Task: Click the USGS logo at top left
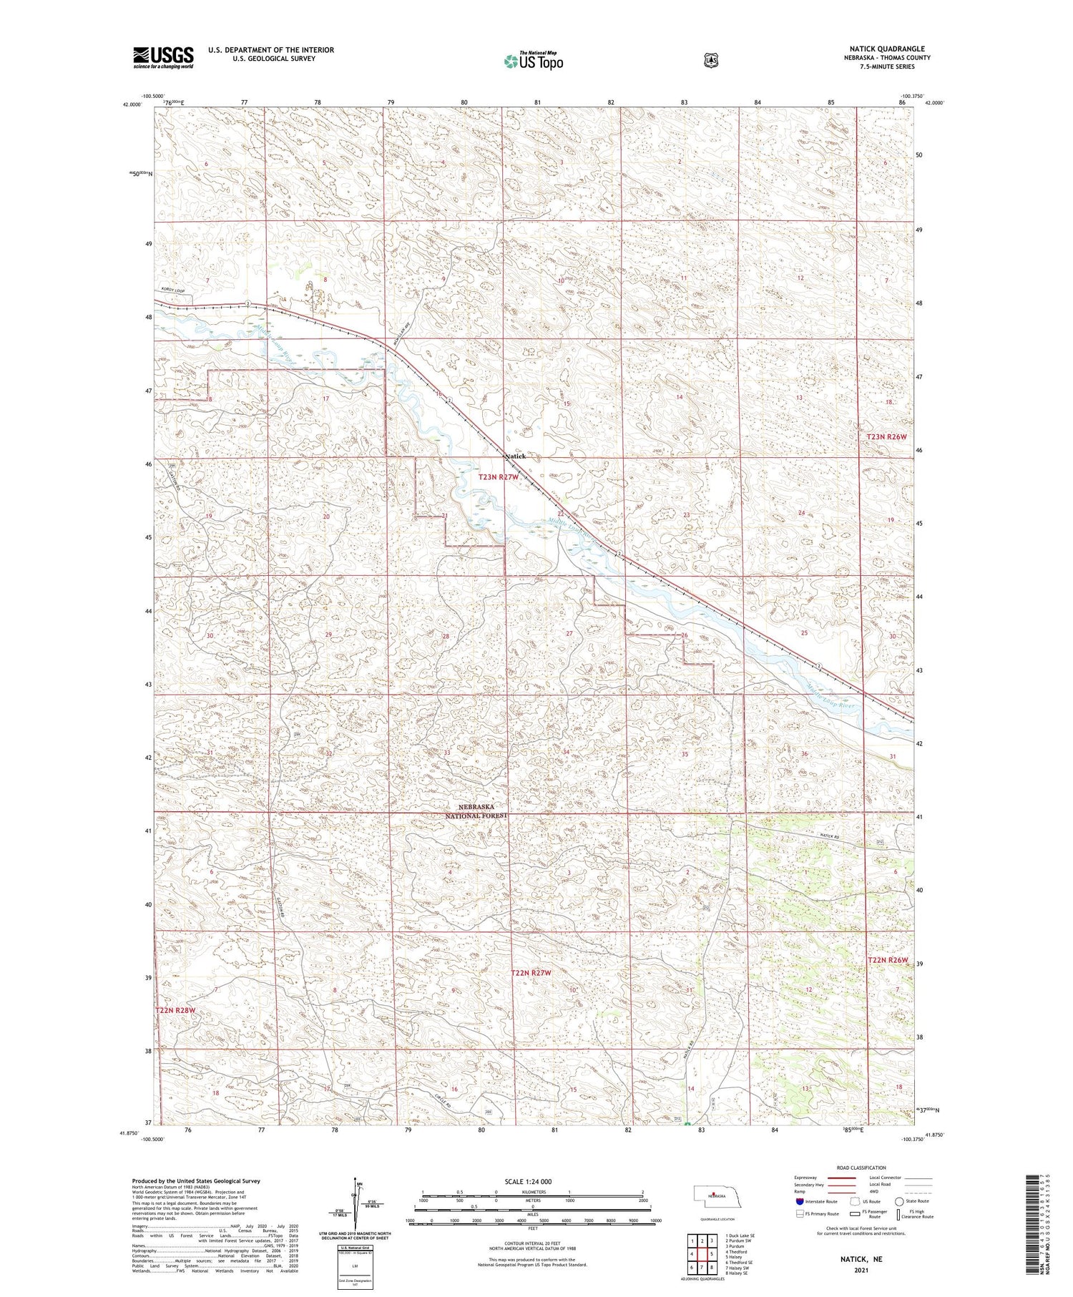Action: (163, 57)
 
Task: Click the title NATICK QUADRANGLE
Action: (887, 49)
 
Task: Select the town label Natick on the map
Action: (515, 456)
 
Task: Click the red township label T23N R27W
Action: (498, 476)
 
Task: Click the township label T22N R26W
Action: (887, 960)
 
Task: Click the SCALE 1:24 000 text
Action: (533, 1182)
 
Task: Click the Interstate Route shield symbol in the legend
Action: (799, 1202)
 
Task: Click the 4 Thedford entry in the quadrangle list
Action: (737, 1252)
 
